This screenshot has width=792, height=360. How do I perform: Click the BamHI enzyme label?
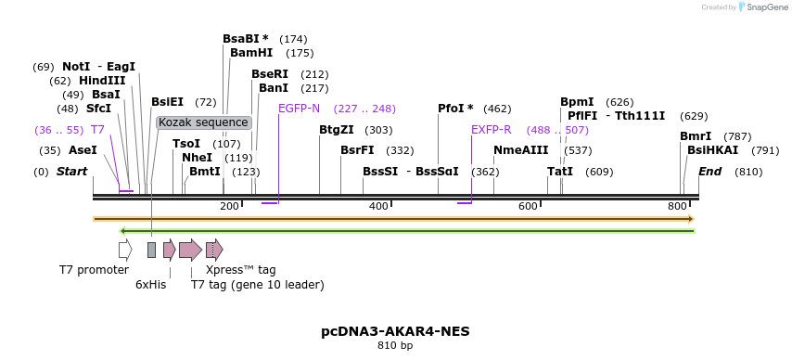pyautogui.click(x=251, y=53)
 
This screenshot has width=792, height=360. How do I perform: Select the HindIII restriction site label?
pyautogui.click(x=102, y=81)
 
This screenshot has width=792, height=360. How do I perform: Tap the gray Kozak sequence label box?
pyautogui.click(x=203, y=122)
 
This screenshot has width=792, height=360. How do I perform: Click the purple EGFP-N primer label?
pyautogui.click(x=299, y=109)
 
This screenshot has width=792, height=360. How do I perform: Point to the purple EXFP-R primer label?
pyautogui.click(x=491, y=130)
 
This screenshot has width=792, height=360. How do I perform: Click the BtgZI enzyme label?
pyautogui.click(x=337, y=130)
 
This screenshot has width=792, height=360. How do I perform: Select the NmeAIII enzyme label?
pyautogui.click(x=520, y=150)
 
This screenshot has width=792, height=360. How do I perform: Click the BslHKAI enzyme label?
pyautogui.click(x=712, y=150)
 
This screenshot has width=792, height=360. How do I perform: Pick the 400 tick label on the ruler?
pyautogui.click(x=378, y=206)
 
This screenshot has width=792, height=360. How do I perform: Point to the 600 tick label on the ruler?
pyautogui.click(x=529, y=206)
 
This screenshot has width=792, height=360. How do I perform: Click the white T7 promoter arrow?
pyautogui.click(x=125, y=250)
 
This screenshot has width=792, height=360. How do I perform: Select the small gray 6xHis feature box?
pyautogui.click(x=151, y=250)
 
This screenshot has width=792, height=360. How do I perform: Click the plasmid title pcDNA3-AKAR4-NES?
pyautogui.click(x=395, y=331)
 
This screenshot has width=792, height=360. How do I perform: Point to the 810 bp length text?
pyautogui.click(x=395, y=346)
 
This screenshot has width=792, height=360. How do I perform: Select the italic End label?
pyautogui.click(x=709, y=172)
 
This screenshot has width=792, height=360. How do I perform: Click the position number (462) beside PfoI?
pyautogui.click(x=497, y=109)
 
